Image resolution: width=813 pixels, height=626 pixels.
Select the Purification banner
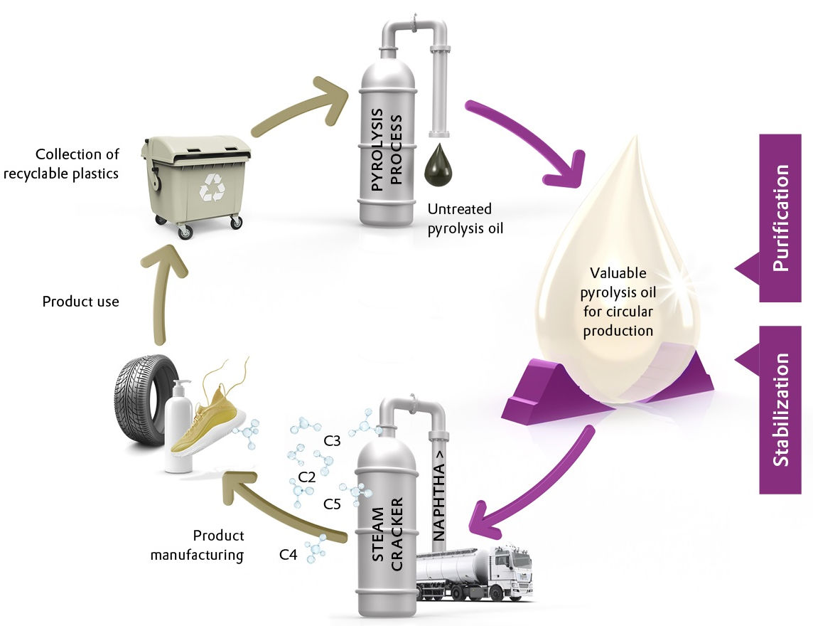coord(780,217)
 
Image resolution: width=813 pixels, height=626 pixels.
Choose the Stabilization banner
coord(780,409)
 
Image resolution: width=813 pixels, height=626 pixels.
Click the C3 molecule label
coord(332,442)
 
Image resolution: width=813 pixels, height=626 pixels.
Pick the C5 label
coord(332,504)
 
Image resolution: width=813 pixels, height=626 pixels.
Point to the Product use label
coord(80,302)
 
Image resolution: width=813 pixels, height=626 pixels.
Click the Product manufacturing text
coord(197,545)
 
